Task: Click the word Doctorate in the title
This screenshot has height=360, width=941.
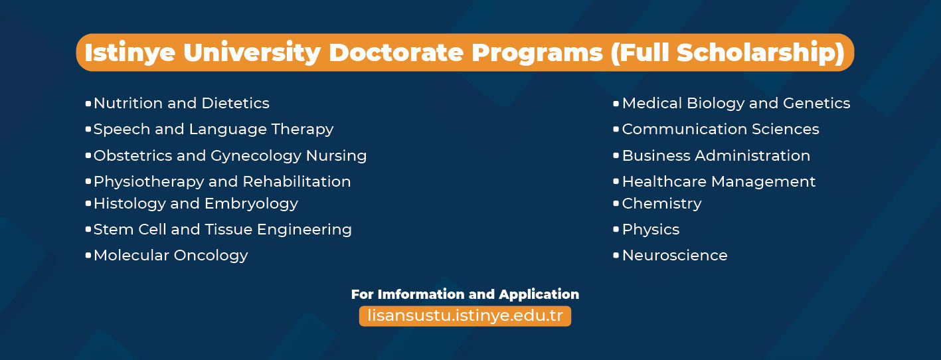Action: [x=396, y=52]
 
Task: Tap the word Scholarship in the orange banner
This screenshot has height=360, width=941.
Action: [x=756, y=53]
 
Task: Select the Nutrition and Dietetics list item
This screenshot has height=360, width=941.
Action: [x=181, y=104]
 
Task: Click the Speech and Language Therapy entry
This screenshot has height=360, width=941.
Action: [x=213, y=130]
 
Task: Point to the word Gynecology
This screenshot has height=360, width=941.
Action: [x=256, y=156]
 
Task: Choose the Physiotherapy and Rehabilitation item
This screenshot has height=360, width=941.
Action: [x=222, y=182]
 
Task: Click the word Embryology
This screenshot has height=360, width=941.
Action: [x=251, y=204]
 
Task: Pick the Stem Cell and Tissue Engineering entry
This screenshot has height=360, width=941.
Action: [x=222, y=230]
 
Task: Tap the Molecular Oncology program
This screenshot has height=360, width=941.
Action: [x=171, y=256]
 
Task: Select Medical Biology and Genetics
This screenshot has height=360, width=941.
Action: [x=736, y=104]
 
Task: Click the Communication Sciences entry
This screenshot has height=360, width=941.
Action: [x=721, y=129]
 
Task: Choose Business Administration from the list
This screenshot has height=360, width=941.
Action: [x=717, y=156]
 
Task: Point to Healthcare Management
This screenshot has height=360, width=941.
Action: [x=719, y=182]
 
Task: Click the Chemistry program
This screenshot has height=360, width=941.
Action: [x=661, y=204]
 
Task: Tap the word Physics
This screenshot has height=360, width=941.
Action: [x=651, y=230]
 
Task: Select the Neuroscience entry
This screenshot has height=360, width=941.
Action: [x=675, y=256]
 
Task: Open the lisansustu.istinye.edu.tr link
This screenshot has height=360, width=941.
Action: [x=465, y=316]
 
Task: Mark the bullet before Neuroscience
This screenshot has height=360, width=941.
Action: [x=616, y=256]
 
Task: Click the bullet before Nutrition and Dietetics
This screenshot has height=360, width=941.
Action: [x=88, y=104]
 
